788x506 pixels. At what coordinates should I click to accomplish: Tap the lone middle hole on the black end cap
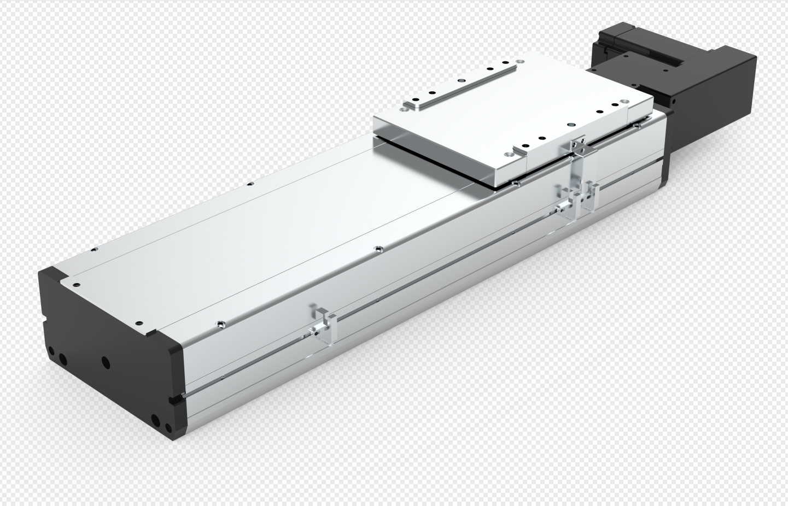[x=105, y=362]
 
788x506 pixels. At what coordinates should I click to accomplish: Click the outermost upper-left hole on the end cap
[x=51, y=351]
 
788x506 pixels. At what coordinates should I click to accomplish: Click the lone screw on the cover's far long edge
[x=249, y=184]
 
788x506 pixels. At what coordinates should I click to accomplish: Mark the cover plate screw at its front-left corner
[x=76, y=285]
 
